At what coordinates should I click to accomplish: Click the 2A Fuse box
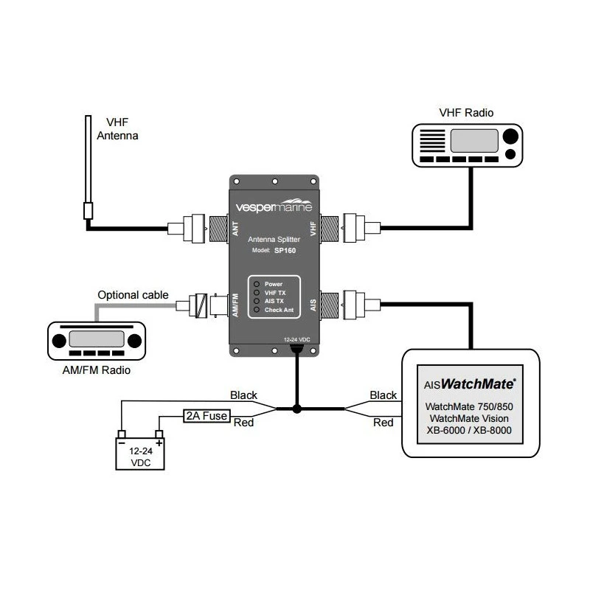coord(206,417)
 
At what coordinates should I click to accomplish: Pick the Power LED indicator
coord(254,284)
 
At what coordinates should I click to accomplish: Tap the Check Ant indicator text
coord(279,310)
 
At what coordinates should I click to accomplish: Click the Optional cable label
coord(133,296)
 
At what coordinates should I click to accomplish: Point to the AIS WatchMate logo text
coord(471,383)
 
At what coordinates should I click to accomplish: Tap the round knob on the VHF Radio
coord(510,136)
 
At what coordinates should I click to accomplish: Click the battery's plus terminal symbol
coord(159,443)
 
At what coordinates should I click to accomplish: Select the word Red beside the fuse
coord(244,423)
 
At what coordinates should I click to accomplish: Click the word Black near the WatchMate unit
coord(383,396)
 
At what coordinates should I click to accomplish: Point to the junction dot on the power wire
coord(296,409)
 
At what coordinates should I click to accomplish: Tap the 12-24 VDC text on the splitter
coord(296,339)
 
